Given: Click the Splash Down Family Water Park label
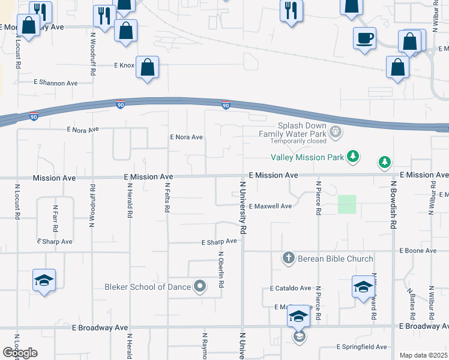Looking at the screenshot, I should [292, 130].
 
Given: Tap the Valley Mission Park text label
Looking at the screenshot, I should [307, 158].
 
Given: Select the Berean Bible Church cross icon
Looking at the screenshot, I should [288, 259].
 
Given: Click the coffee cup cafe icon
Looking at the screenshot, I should [364, 38].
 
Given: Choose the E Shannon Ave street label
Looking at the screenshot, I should [56, 83].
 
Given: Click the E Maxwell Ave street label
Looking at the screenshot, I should [270, 206].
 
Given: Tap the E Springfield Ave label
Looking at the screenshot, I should [361, 347].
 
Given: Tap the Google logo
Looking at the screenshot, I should [20, 353].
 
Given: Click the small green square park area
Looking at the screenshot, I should [346, 204].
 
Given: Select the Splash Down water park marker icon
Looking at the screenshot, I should [336, 130].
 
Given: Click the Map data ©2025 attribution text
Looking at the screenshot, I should [423, 355].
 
